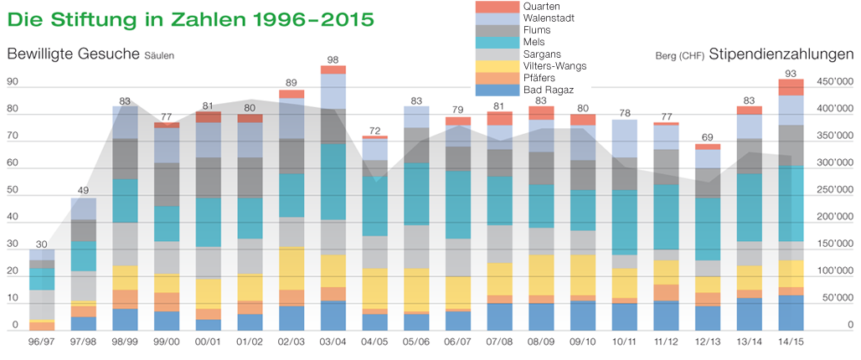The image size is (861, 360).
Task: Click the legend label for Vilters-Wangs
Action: coord(554,65)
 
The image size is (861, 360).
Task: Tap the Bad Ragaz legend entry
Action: coord(548,89)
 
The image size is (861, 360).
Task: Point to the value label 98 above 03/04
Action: coord(333,59)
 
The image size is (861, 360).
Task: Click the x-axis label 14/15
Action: coord(791,342)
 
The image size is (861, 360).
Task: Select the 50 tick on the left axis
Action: coord(12,191)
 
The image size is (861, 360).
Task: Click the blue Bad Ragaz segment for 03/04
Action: coord(333,316)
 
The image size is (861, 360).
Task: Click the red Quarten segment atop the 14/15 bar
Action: coord(791,87)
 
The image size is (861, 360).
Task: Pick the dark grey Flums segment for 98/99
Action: coord(126,159)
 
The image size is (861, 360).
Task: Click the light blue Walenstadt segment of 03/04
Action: coord(333,91)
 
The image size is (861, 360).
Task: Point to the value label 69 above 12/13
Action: coord(707,136)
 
